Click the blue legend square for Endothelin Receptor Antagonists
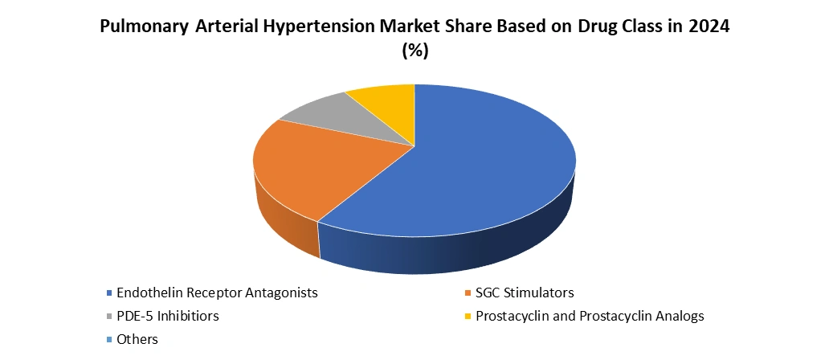[109, 292]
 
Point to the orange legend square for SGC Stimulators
[468, 292]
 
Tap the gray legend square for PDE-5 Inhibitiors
[109, 317]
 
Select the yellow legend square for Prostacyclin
[468, 317]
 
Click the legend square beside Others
[109, 340]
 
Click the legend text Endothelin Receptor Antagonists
[218, 292]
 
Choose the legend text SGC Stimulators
[525, 292]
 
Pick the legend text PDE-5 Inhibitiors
[168, 317]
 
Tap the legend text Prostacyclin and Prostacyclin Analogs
[590, 317]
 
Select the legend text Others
[137, 340]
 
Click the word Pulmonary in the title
[144, 27]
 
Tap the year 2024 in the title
[709, 27]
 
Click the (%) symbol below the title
[415, 51]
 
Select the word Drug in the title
[594, 27]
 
